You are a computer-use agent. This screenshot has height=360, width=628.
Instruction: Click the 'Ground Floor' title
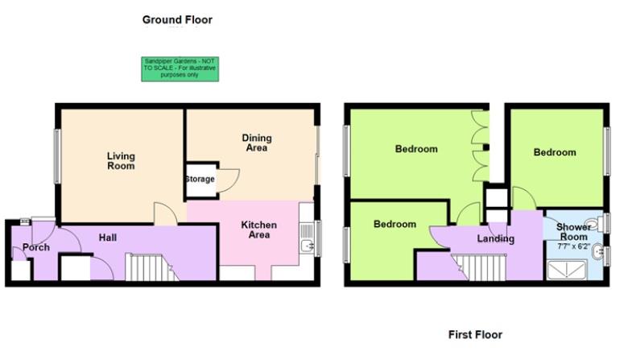[x=177, y=19]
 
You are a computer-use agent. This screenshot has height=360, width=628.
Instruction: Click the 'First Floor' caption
[x=475, y=333]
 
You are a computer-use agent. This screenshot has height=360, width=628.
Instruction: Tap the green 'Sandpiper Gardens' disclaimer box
[x=179, y=68]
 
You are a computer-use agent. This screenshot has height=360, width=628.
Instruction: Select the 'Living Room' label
[x=121, y=160]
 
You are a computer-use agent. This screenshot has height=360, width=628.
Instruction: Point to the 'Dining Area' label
[x=256, y=143]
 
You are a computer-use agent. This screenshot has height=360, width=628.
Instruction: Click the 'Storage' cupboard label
[x=200, y=179]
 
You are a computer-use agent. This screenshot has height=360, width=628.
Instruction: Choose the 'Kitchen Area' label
[x=259, y=230]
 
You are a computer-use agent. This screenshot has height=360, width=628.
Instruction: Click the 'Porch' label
[x=36, y=246]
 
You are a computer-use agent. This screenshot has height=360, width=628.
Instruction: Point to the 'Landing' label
[x=496, y=239]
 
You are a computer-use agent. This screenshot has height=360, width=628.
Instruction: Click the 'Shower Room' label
[x=574, y=231]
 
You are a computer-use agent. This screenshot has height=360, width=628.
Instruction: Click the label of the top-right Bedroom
[x=555, y=152]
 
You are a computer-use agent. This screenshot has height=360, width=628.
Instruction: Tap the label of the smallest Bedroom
[x=395, y=225]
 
